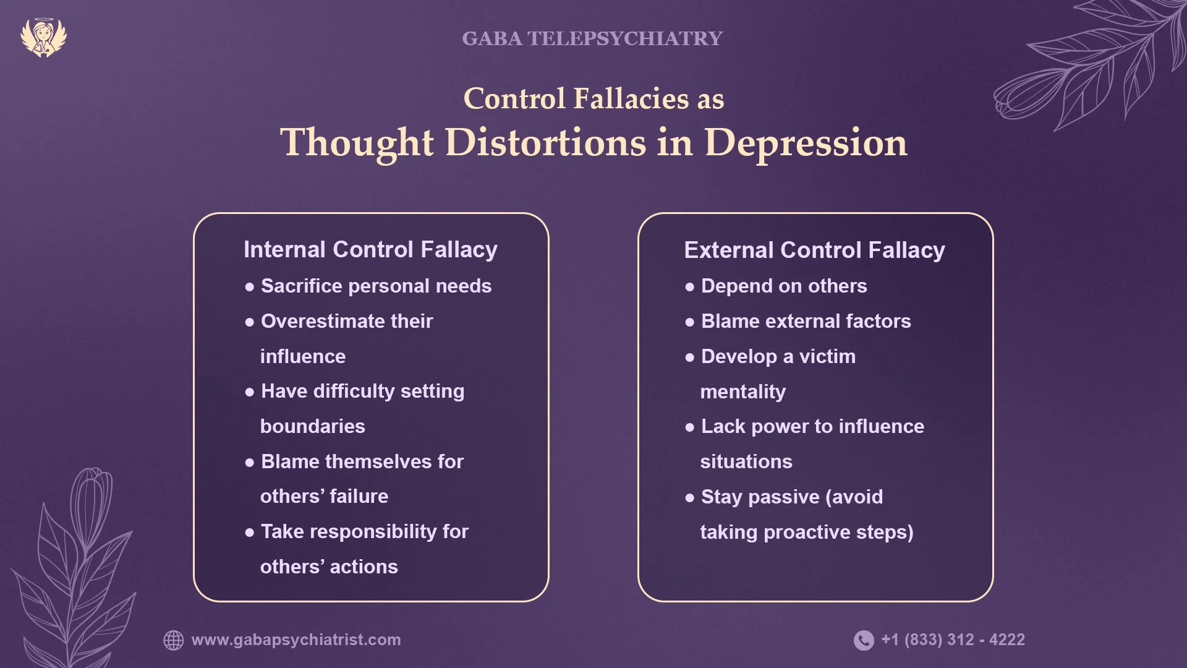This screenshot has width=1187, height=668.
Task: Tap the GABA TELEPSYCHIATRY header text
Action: pyautogui.click(x=592, y=38)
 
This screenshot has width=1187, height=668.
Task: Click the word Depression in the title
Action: pyautogui.click(x=806, y=143)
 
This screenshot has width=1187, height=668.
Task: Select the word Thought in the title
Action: pyautogui.click(x=357, y=143)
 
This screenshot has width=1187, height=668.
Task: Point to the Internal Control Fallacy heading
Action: pyautogui.click(x=370, y=249)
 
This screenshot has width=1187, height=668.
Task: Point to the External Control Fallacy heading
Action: pyautogui.click(x=814, y=250)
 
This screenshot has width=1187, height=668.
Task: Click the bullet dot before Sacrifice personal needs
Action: pyautogui.click(x=250, y=287)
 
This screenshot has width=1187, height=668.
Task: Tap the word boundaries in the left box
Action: pyautogui.click(x=312, y=426)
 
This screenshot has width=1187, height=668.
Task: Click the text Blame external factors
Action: pyautogui.click(x=806, y=321)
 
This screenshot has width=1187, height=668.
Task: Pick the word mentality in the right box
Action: pyautogui.click(x=742, y=392)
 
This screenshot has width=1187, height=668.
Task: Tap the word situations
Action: pyautogui.click(x=746, y=461)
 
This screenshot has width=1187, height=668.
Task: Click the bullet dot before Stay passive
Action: pyautogui.click(x=690, y=498)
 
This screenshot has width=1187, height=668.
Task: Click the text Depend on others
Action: pyautogui.click(x=784, y=286)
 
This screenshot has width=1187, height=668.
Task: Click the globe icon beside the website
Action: pyautogui.click(x=174, y=640)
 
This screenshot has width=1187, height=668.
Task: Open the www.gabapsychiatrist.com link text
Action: pyautogui.click(x=296, y=640)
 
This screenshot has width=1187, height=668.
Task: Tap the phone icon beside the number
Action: pyautogui.click(x=864, y=640)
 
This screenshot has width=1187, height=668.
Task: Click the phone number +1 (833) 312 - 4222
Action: pyautogui.click(x=953, y=640)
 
